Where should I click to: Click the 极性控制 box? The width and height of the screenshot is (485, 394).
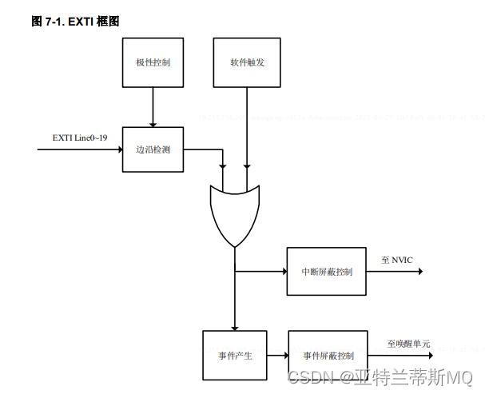click(153, 62)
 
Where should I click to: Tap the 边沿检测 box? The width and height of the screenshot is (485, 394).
click(153, 149)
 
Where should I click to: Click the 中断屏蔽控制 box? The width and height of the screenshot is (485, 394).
click(327, 272)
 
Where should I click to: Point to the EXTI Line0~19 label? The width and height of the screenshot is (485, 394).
click(80, 138)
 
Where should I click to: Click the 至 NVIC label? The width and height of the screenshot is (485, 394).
click(397, 260)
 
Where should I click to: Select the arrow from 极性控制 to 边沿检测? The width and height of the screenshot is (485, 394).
click(153, 106)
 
